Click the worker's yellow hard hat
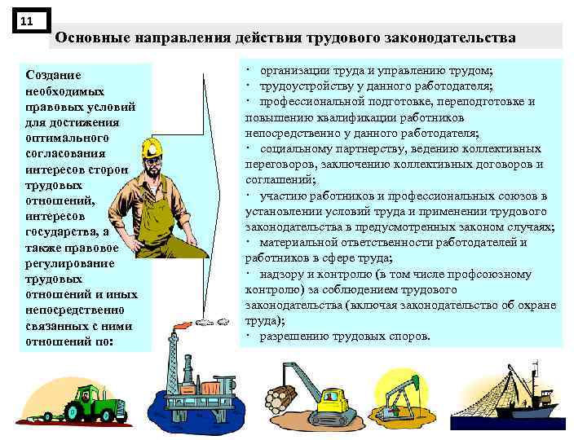click(152, 146)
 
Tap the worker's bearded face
click(154, 162)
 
